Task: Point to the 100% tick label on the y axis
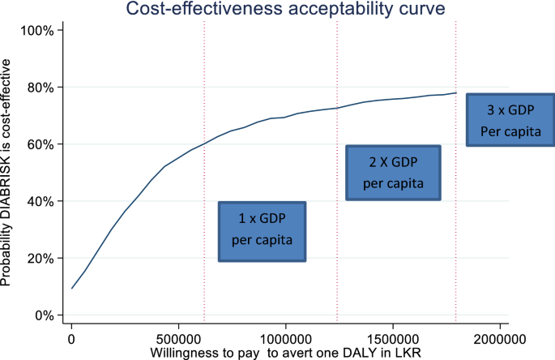[37, 31]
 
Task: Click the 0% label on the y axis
[43, 315]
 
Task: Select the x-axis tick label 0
[71, 337]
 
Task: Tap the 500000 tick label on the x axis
[178, 337]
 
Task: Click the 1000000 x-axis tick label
[285, 337]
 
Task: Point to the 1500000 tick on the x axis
[392, 337]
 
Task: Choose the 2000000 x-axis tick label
[499, 337]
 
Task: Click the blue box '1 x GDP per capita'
[263, 231]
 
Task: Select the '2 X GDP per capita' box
[393, 172]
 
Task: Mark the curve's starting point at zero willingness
[72, 289]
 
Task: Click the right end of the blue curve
[456, 92]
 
